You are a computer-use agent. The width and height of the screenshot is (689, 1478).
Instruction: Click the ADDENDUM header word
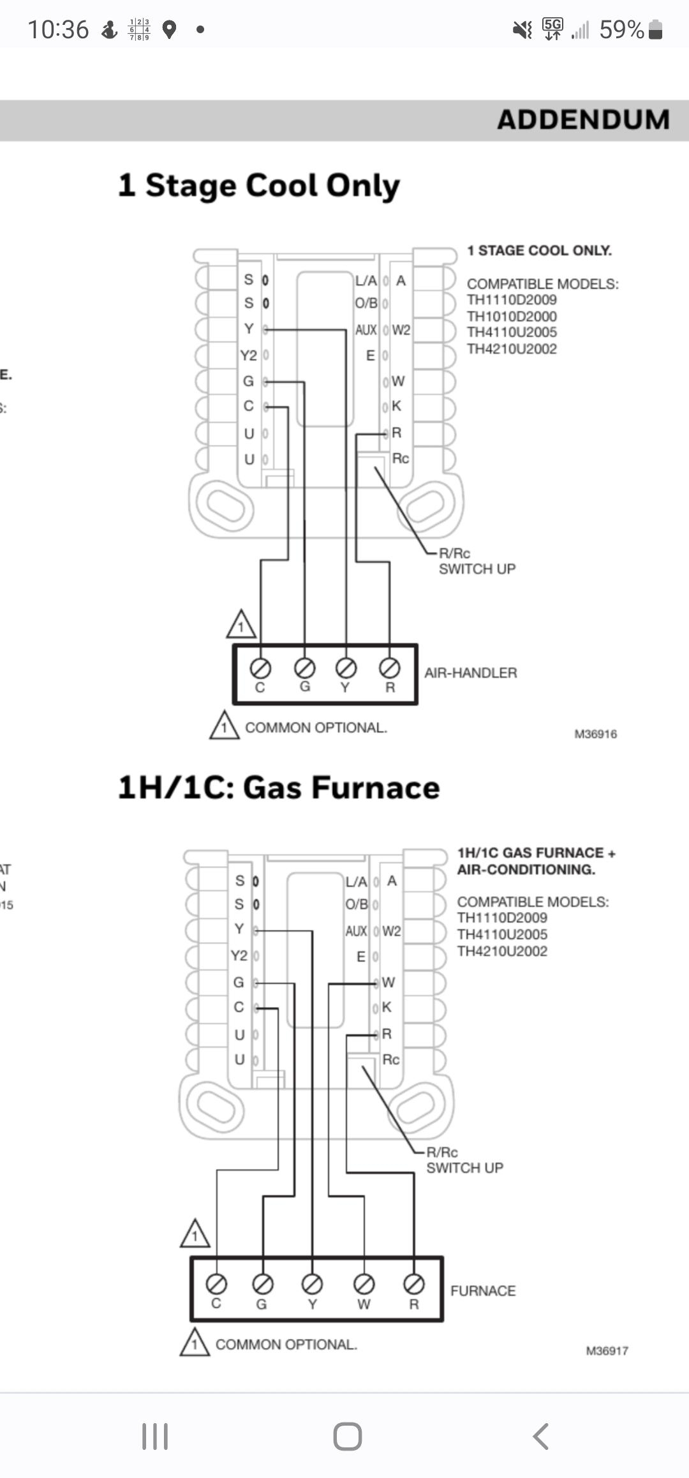point(583,120)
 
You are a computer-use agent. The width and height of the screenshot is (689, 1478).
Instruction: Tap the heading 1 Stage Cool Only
point(259,186)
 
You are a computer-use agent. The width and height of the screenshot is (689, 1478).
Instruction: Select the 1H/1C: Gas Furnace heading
point(279,788)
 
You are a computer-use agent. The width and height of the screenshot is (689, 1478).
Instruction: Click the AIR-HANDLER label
point(471,673)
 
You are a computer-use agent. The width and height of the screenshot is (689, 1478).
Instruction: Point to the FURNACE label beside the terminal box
point(483,1290)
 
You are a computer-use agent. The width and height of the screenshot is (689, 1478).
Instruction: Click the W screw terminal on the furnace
point(364,1283)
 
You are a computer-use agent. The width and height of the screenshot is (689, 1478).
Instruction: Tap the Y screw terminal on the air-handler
point(346,668)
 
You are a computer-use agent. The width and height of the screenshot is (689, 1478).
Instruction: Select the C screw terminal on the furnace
point(216,1283)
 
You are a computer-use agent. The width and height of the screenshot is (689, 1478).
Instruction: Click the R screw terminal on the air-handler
point(390,668)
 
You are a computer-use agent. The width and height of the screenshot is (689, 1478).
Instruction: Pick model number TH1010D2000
point(512,317)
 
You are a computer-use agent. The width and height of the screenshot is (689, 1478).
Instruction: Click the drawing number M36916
point(595,734)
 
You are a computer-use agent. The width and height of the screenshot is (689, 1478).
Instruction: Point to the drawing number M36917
point(607,1351)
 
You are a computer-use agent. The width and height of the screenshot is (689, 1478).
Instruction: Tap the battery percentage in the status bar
point(621,29)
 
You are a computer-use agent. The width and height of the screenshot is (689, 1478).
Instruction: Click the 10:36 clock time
point(58,29)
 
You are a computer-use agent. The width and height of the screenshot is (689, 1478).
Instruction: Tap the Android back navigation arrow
point(540,1437)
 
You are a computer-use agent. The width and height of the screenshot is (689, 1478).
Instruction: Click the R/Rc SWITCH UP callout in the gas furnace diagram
point(464,1160)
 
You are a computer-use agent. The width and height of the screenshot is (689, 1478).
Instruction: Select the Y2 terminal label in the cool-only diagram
point(248,355)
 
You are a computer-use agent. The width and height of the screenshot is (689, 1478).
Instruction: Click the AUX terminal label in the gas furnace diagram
point(356,931)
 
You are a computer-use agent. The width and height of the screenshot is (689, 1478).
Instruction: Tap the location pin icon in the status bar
point(169,29)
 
